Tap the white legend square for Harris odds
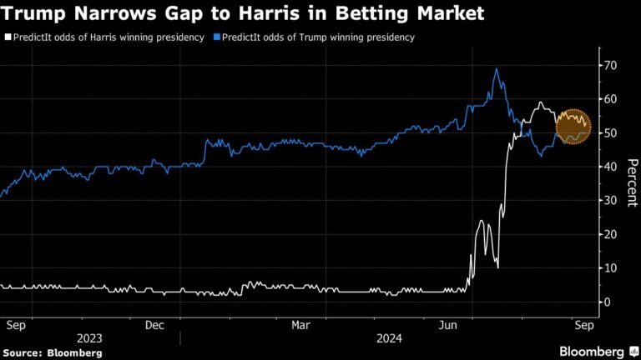coord(8,37)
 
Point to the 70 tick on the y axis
coord(612,65)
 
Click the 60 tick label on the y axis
coord(612,99)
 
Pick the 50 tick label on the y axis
coord(612,133)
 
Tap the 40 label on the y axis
coord(612,167)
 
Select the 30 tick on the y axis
coord(612,201)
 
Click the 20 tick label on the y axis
coord(612,234)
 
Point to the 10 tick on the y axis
coord(612,268)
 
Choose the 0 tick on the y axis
coord(608,302)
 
